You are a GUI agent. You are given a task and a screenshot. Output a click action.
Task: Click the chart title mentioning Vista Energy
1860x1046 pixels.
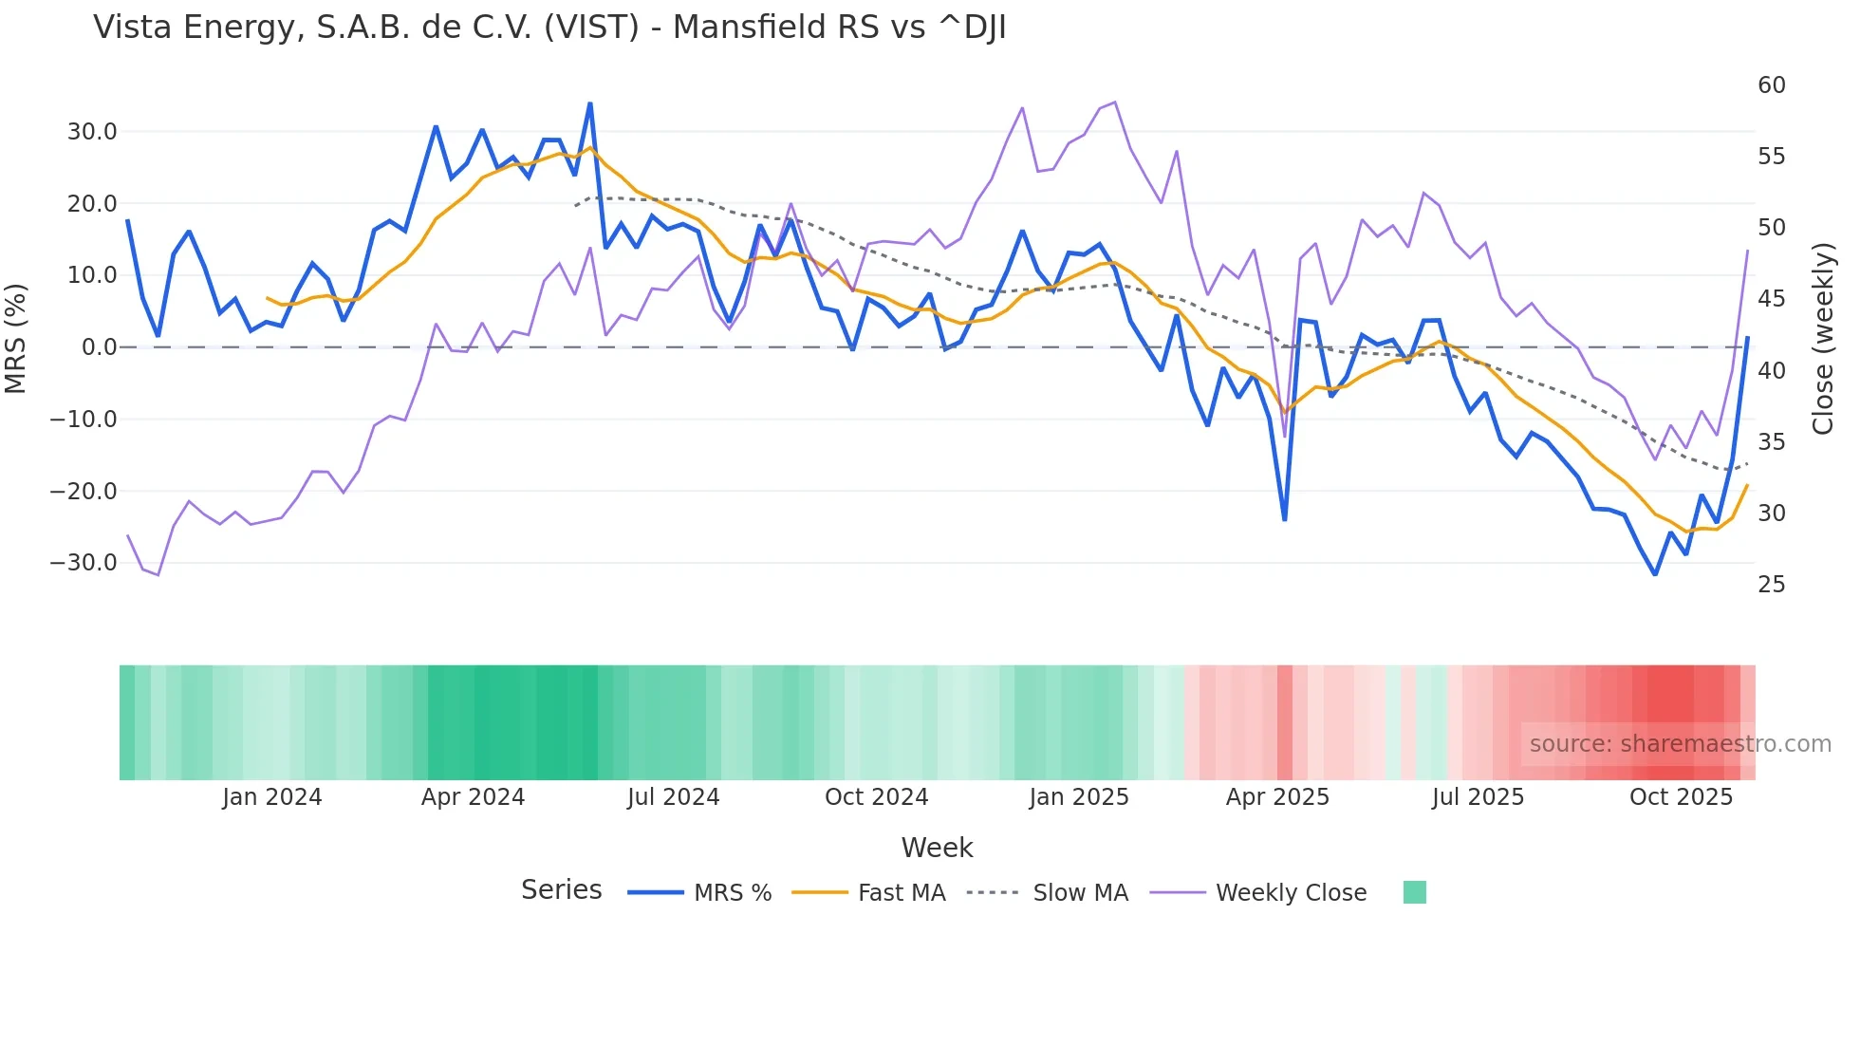549,28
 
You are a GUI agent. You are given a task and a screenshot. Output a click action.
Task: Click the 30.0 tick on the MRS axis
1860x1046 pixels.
91,132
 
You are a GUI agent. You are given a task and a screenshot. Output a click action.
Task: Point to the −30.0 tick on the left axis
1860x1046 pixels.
84,563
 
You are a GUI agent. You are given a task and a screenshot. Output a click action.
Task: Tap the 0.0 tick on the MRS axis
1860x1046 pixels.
99,347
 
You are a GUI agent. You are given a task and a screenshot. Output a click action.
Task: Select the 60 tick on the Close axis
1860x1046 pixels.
1771,85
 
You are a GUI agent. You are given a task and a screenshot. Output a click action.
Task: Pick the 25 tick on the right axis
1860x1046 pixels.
1771,585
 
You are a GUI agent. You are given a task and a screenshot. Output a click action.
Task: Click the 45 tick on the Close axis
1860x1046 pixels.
1771,299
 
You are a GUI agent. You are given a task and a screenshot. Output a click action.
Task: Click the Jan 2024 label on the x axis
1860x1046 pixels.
271,797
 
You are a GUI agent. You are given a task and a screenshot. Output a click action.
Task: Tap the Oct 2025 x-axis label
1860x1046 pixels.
1681,797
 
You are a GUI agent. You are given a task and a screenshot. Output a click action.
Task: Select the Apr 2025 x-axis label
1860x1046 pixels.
1277,797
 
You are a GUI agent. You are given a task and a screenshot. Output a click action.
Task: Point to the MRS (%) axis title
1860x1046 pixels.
16,338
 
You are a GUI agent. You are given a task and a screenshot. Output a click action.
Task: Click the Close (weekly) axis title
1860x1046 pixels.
1822,338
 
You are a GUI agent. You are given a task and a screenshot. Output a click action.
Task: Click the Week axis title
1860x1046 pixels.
937,848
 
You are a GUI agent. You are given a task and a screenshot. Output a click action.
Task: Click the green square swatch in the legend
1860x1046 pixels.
1414,892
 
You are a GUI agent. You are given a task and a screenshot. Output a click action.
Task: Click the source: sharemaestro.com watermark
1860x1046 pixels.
1680,744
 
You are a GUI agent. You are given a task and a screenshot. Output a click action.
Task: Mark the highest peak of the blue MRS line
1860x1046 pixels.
590,103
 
